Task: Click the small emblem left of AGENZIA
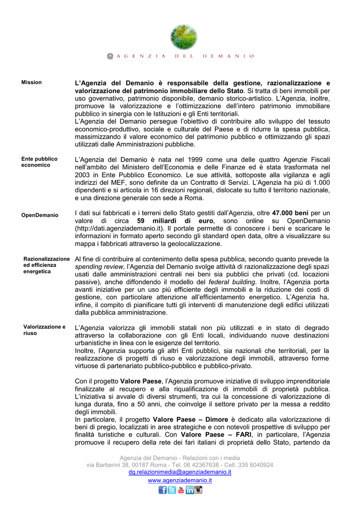click(110, 57)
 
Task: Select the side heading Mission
click(31, 83)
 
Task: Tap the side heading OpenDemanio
click(39, 215)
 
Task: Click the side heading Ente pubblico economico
click(39, 162)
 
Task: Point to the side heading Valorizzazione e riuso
click(44, 330)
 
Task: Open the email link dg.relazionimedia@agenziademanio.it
click(180, 472)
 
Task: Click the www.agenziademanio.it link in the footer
click(180, 481)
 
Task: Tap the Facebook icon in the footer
click(163, 490)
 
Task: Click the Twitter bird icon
click(172, 490)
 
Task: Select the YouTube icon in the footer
click(180, 490)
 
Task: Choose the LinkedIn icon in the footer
click(189, 490)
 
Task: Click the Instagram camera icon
click(198, 490)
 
